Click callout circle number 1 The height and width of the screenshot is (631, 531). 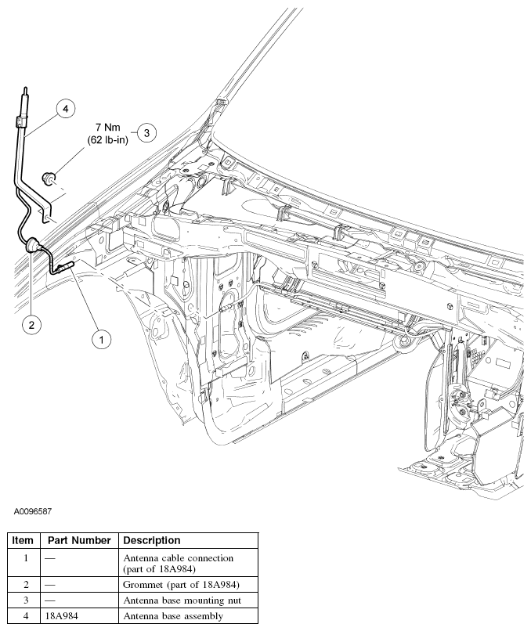100,339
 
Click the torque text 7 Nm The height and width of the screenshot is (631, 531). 109,126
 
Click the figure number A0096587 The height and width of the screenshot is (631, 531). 33,511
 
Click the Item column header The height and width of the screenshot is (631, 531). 23,540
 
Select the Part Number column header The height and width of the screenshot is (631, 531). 78,540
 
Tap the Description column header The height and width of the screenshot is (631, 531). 152,540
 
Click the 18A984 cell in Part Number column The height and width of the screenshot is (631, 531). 63,616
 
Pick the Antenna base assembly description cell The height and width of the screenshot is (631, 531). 173,616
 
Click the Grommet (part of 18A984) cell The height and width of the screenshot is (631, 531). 181,585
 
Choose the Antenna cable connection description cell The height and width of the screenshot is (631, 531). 179,563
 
